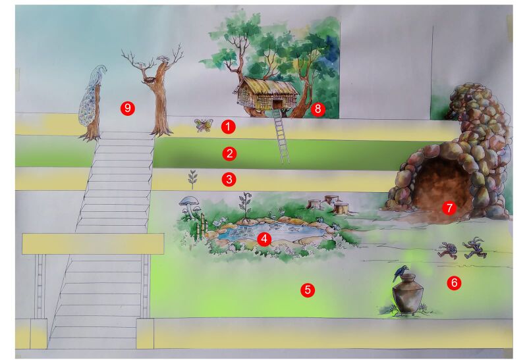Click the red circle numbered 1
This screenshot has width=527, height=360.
[229, 126]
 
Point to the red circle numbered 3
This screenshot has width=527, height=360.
[229, 179]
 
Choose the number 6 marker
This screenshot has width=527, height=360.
[454, 283]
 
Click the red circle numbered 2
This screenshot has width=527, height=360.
[229, 154]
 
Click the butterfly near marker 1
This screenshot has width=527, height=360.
[204, 124]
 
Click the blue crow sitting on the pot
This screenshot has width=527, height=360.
[399, 272]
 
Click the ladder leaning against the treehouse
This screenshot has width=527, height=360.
[282, 138]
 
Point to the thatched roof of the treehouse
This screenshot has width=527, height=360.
[267, 87]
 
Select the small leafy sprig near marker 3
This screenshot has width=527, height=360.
[193, 178]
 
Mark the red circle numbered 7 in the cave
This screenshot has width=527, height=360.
[449, 208]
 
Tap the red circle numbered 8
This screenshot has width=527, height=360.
[319, 109]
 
